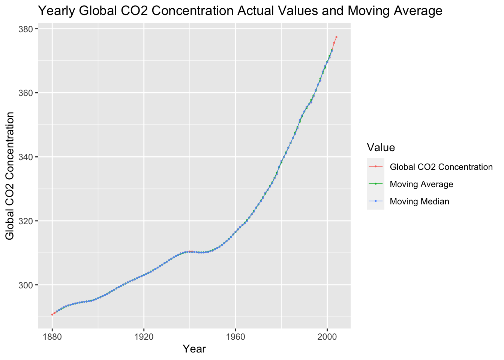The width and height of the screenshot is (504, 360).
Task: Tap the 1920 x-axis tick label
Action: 144,336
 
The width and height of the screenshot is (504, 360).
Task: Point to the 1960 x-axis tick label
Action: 235,336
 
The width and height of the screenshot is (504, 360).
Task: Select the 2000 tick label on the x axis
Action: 327,336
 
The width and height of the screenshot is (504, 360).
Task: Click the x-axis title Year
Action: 194,349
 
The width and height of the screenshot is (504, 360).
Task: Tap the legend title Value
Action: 381,147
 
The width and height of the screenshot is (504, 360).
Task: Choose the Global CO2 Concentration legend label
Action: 441,167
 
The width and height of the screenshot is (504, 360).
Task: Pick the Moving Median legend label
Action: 419,201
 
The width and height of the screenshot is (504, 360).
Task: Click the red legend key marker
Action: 376,167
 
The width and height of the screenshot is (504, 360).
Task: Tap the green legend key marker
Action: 376,184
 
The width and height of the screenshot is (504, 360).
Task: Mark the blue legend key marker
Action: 376,201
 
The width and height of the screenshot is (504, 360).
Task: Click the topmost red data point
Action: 336,37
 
